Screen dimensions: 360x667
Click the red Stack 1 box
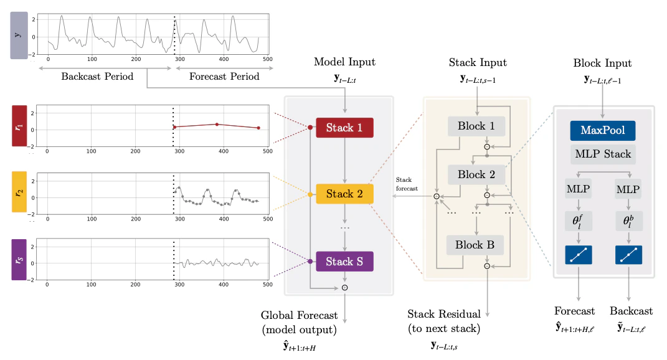pos(344,128)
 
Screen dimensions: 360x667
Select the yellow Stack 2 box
pos(344,194)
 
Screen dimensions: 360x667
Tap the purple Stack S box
pos(344,262)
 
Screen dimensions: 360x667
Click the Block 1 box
pos(476,126)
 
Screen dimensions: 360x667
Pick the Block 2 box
pos(476,174)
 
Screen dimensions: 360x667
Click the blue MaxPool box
pos(602,131)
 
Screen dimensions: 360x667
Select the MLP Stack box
pos(602,154)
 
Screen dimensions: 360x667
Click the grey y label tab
pos(19,36)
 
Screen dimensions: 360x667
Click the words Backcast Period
pos(97,77)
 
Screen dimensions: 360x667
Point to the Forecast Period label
pos(224,77)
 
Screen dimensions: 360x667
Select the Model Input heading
pos(344,62)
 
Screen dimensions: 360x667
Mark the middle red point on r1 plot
pos(217,124)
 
